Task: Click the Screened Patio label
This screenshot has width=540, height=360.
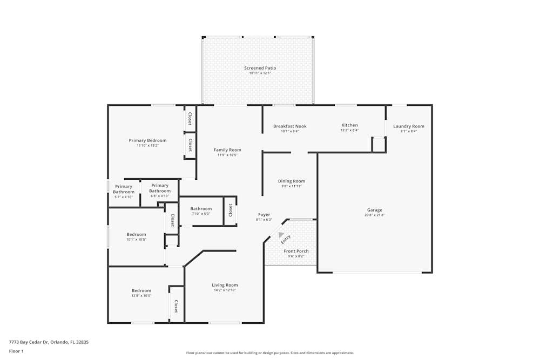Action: pyautogui.click(x=260, y=68)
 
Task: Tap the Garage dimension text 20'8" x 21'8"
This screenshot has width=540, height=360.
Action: pyautogui.click(x=374, y=215)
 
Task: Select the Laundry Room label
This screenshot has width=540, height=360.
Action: pyautogui.click(x=408, y=126)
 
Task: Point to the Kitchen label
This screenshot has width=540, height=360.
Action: pyautogui.click(x=349, y=125)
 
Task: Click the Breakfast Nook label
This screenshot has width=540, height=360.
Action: pyautogui.click(x=289, y=126)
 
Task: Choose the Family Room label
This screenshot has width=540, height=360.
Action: pyautogui.click(x=227, y=150)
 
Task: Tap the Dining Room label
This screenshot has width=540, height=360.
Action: pyautogui.click(x=292, y=181)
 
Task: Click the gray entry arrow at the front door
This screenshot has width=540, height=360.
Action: pyautogui.click(x=281, y=235)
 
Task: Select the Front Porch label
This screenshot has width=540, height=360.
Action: pyautogui.click(x=296, y=251)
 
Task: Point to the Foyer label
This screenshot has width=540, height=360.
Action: pyautogui.click(x=264, y=215)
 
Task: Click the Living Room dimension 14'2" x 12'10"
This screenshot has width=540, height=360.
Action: pyautogui.click(x=225, y=290)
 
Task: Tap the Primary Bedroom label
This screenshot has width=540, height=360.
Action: pyautogui.click(x=147, y=140)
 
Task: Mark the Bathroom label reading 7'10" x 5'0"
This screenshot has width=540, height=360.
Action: pyautogui.click(x=201, y=209)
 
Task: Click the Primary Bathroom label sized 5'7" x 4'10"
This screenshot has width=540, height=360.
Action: pyautogui.click(x=124, y=189)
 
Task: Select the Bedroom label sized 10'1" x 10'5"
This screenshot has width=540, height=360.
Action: pyautogui.click(x=136, y=234)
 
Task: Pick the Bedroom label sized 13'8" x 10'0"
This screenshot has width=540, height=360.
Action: pyautogui.click(x=141, y=290)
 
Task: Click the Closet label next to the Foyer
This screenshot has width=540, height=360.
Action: pyautogui.click(x=230, y=210)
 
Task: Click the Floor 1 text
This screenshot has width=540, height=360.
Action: pyautogui.click(x=16, y=351)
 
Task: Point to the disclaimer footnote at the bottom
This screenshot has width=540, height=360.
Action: pyautogui.click(x=270, y=353)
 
